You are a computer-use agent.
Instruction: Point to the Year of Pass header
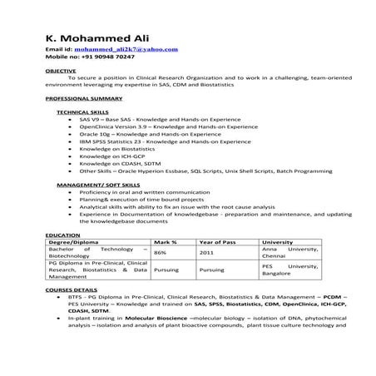[x=220, y=242]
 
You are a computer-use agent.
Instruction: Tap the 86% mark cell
[x=161, y=252]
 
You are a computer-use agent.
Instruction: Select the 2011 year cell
[x=206, y=252]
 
